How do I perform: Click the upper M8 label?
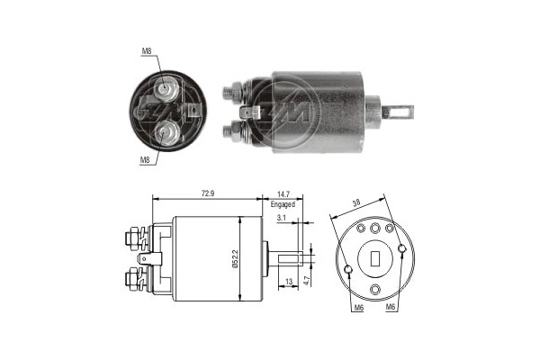click(147, 51)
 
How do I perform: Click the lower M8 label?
click(145, 159)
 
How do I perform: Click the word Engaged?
click(283, 205)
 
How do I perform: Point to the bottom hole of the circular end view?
click(376, 288)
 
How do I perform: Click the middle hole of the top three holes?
click(376, 229)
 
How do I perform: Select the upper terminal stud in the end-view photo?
click(166, 89)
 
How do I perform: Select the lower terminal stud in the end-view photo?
click(166, 131)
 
